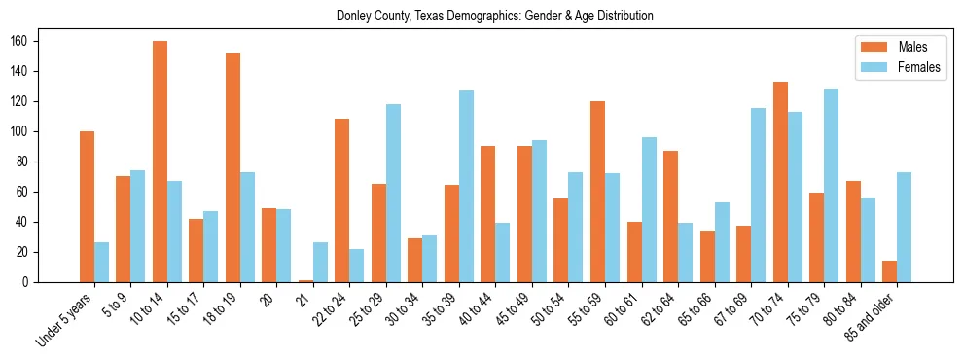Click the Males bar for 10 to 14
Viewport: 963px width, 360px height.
(160, 162)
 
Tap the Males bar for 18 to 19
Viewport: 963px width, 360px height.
(232, 167)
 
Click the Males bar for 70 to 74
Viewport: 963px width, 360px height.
(780, 182)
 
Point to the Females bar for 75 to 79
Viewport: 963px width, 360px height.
(831, 185)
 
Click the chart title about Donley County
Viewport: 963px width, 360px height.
(494, 17)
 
